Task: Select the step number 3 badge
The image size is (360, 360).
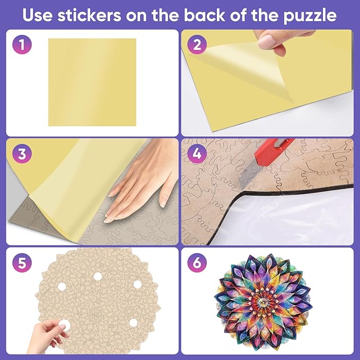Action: click(22, 154)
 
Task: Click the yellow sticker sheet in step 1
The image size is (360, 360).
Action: click(92, 82)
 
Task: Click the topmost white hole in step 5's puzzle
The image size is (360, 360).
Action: click(98, 276)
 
